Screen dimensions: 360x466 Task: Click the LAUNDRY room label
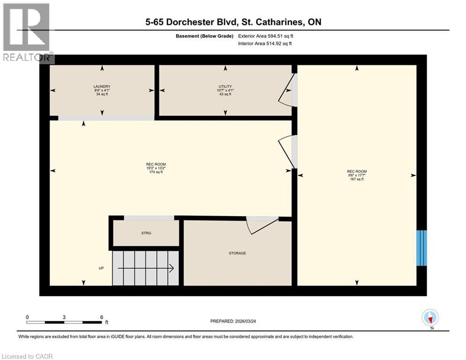pyautogui.click(x=102, y=86)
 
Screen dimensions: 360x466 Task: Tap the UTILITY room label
pyautogui.click(x=225, y=86)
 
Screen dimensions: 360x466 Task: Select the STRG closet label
pyautogui.click(x=147, y=233)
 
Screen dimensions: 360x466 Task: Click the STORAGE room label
pyautogui.click(x=237, y=253)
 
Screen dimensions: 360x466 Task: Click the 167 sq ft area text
pyautogui.click(x=357, y=179)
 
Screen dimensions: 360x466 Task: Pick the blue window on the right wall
pyautogui.click(x=422, y=247)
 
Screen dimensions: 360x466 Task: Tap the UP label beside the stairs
pyautogui.click(x=101, y=269)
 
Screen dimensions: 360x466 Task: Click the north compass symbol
pyautogui.click(x=430, y=318)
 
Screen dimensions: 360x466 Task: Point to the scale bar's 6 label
pyautogui.click(x=102, y=316)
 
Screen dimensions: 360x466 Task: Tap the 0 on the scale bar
pyautogui.click(x=28, y=316)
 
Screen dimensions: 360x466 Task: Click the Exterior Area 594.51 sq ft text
pyautogui.click(x=266, y=36)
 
